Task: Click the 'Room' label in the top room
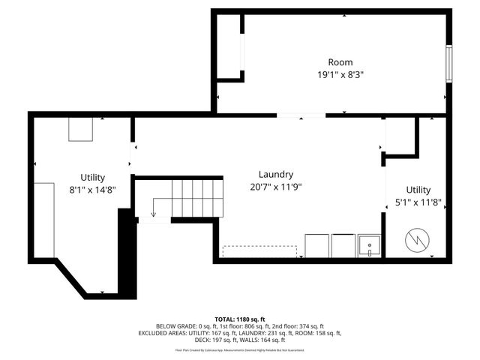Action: [x=340, y=62]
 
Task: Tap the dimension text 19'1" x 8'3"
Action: [x=340, y=75]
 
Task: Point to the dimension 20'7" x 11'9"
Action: [x=275, y=187]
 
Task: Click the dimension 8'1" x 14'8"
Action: [x=93, y=190]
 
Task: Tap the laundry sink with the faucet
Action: [x=368, y=245]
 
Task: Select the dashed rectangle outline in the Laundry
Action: [x=259, y=250]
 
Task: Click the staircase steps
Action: [x=198, y=198]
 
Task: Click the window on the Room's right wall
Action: [x=449, y=64]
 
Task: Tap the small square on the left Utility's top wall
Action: [x=80, y=129]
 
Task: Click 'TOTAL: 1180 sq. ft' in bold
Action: [x=239, y=319]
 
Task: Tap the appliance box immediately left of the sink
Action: [x=343, y=245]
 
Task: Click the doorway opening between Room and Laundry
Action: [x=301, y=115]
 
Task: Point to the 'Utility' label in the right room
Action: [x=418, y=190]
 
